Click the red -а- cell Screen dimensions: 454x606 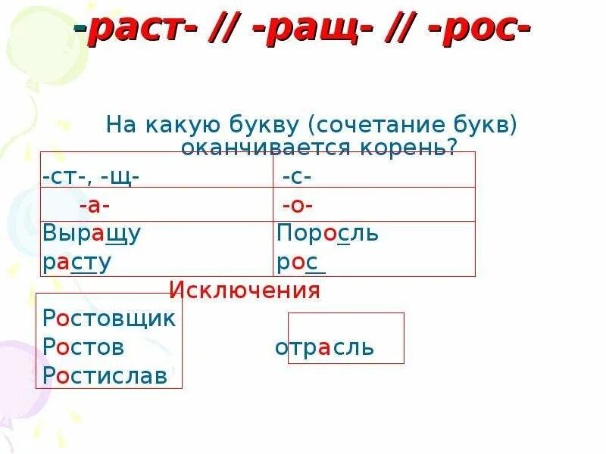tap(95, 205)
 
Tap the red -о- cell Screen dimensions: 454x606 tap(298, 205)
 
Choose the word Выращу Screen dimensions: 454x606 tap(92, 234)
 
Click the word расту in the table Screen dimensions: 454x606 tap(77, 263)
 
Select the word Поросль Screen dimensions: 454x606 tap(327, 234)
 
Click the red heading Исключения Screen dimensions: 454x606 tap(245, 290)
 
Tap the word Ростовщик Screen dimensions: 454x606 tap(110, 319)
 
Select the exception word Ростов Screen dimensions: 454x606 tap(83, 347)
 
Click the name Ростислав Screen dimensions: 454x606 tap(105, 375)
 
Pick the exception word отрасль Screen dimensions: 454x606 tap(324, 347)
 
